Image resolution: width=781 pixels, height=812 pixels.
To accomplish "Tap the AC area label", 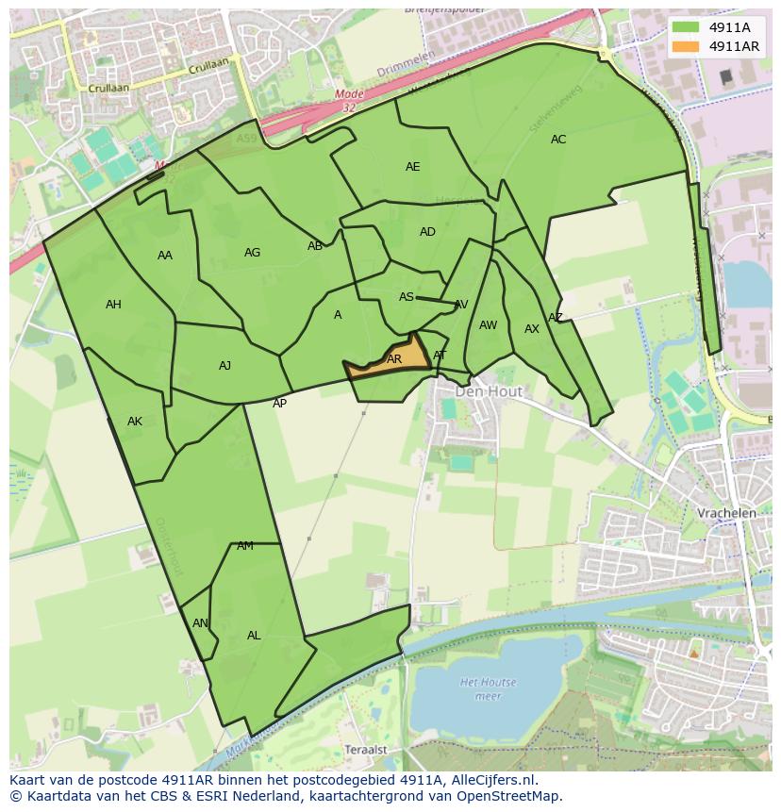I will pyautogui.click(x=558, y=140).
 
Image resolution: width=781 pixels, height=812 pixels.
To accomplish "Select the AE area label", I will pyautogui.click(x=412, y=167).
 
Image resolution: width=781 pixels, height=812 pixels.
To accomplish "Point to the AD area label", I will pyautogui.click(x=427, y=232).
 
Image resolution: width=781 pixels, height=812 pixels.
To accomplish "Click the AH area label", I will pyautogui.click(x=113, y=305).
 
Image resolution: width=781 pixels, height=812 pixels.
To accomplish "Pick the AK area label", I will pyautogui.click(x=135, y=422).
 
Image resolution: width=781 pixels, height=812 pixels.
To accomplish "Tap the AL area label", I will pyautogui.click(x=254, y=636).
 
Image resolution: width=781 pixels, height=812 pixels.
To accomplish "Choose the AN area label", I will pyautogui.click(x=200, y=623).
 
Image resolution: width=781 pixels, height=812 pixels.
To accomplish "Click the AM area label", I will pyautogui.click(x=245, y=546).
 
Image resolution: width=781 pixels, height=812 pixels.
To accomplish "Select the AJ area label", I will pyautogui.click(x=224, y=366).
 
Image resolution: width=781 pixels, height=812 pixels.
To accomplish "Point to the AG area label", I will pyautogui.click(x=252, y=253).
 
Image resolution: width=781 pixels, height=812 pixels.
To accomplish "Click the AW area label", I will pyautogui.click(x=488, y=325).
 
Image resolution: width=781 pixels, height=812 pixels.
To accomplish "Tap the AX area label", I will pyautogui.click(x=532, y=329).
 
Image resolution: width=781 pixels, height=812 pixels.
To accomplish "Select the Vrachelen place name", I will pyautogui.click(x=726, y=513).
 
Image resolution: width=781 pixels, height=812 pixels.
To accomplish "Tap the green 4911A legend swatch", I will pyautogui.click(x=687, y=27).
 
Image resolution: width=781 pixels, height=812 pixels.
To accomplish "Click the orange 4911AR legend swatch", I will pyautogui.click(x=687, y=46).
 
